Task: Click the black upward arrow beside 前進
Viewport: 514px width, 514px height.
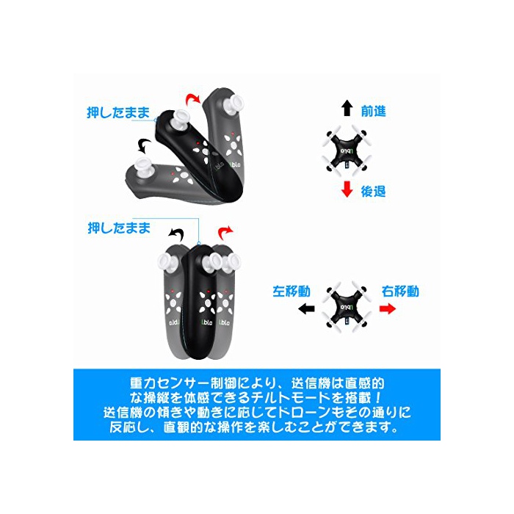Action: coord(347,108)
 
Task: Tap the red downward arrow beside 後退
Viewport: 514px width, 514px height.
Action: coord(347,189)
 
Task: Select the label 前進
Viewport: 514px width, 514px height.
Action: coord(373,112)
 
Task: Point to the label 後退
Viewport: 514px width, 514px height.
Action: coord(373,192)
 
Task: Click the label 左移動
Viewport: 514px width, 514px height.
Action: coord(292,291)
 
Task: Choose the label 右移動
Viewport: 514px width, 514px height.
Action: coord(400,291)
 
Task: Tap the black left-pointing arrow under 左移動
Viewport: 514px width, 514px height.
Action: coord(306,308)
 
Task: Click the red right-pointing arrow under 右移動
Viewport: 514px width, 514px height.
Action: coord(388,308)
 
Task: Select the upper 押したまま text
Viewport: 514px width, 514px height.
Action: coord(118,112)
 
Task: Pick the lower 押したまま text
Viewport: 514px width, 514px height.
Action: coord(119,228)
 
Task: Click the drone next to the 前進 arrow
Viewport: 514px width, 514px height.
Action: coord(346,151)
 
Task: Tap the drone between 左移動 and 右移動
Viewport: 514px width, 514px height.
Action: coord(346,307)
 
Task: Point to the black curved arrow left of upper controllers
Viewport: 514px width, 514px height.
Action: coord(144,145)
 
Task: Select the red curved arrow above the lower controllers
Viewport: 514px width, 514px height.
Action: coord(225,232)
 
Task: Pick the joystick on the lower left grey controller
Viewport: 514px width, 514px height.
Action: coord(168,262)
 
